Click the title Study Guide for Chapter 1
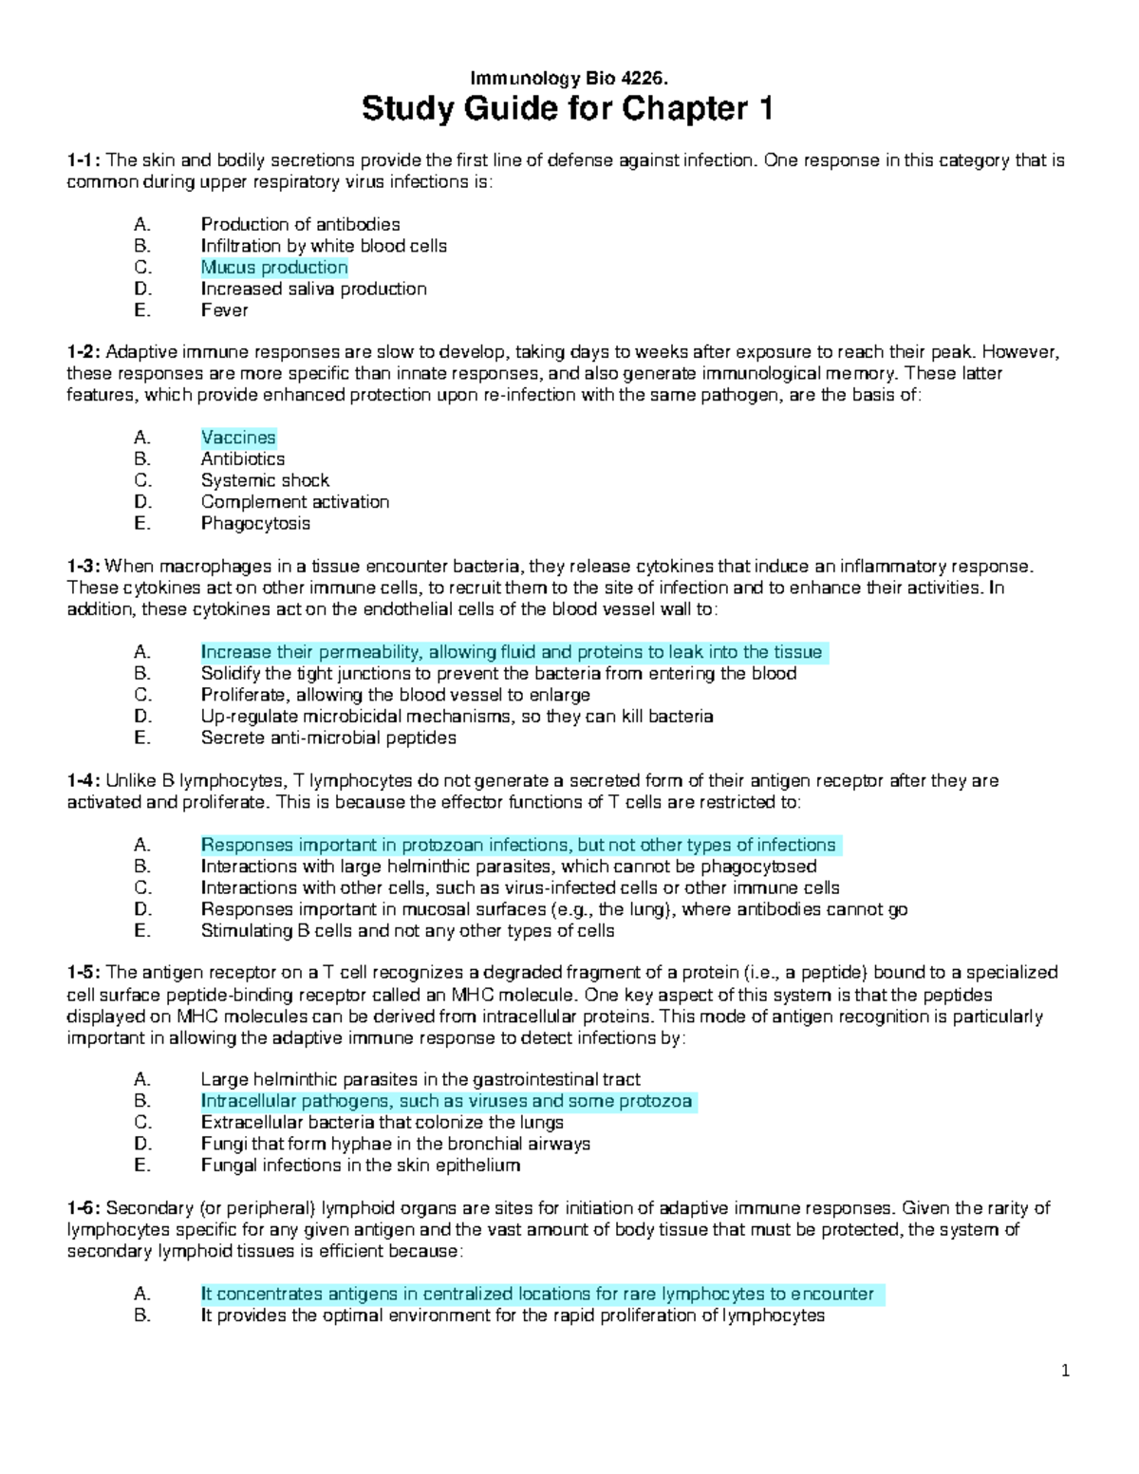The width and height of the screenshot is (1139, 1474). pyautogui.click(x=568, y=110)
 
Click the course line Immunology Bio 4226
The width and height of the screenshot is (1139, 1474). pyautogui.click(x=568, y=78)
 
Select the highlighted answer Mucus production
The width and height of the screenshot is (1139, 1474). pyautogui.click(x=274, y=268)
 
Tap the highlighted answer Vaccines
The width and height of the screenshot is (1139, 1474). pyautogui.click(x=238, y=438)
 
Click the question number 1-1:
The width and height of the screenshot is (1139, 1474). pyautogui.click(x=84, y=160)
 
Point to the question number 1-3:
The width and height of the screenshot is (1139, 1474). pyautogui.click(x=84, y=567)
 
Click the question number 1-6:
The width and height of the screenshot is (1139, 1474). pyautogui.click(x=84, y=1208)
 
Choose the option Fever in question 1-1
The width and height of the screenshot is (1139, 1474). pyautogui.click(x=224, y=310)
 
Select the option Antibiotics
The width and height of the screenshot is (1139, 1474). pyautogui.click(x=243, y=459)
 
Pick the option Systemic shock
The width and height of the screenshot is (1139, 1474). pyautogui.click(x=265, y=480)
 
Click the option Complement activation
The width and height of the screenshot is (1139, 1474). pyautogui.click(x=295, y=502)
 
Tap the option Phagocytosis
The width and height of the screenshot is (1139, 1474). pyautogui.click(x=255, y=524)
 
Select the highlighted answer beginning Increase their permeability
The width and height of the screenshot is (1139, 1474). pyautogui.click(x=512, y=652)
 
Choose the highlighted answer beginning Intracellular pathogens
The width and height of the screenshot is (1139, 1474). pyautogui.click(x=447, y=1101)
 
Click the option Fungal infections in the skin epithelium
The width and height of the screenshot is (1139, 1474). pyautogui.click(x=361, y=1166)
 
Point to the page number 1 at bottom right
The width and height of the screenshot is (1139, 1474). pyautogui.click(x=1066, y=1371)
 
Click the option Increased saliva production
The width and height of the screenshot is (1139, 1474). pyautogui.click(x=313, y=289)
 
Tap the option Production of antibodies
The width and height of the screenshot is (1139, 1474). pyautogui.click(x=300, y=225)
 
